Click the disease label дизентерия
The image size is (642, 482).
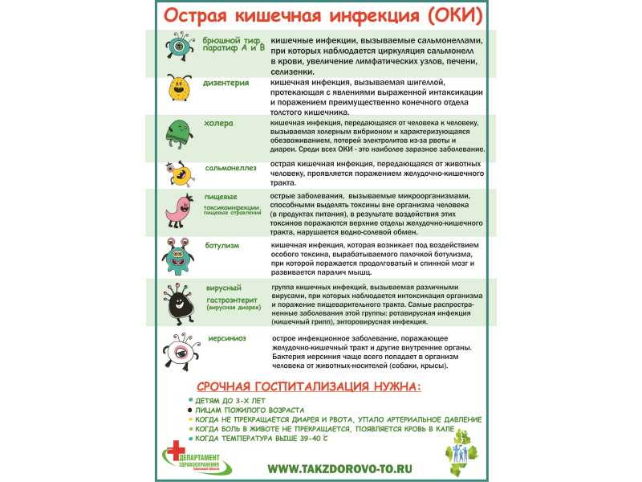[226, 83]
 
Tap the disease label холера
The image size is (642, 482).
[218, 124]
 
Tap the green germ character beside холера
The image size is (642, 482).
[178, 132]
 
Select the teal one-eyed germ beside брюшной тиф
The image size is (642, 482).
[180, 45]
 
